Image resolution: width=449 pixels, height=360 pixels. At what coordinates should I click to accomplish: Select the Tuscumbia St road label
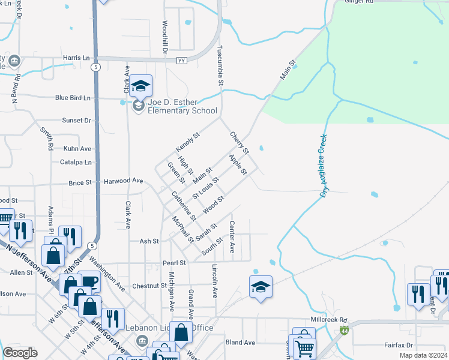tap(220, 67)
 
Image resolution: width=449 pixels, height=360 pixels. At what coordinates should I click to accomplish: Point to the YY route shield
tap(182, 61)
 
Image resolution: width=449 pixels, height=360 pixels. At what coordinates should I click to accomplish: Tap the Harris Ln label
tap(76, 58)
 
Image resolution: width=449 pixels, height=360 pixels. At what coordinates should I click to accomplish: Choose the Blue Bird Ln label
tap(73, 98)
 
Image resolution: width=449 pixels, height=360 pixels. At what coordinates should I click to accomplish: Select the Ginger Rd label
tap(359, 2)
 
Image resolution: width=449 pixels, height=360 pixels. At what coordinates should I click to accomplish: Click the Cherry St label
tap(239, 143)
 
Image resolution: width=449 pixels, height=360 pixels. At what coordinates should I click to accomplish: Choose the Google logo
tap(20, 353)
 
